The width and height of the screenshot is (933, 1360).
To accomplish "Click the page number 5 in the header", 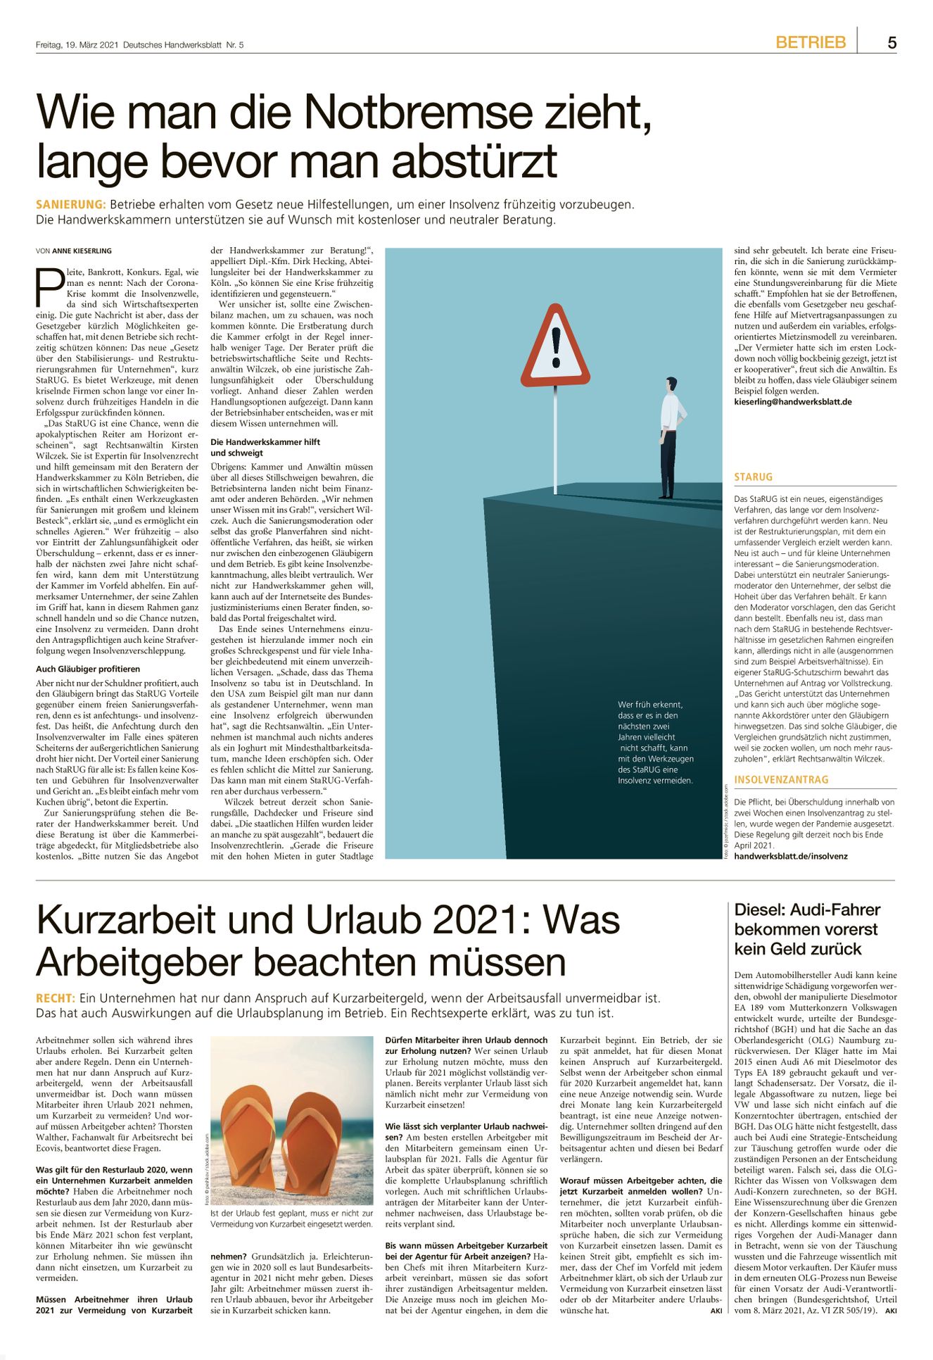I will (891, 43).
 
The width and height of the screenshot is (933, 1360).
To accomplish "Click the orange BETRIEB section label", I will (811, 43).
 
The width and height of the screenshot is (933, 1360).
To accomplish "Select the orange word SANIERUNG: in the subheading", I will (70, 205).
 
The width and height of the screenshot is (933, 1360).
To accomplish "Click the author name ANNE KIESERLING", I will (82, 251).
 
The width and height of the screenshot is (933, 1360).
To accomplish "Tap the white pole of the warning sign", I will (556, 436).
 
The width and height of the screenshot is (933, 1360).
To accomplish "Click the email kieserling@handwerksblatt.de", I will (792, 402).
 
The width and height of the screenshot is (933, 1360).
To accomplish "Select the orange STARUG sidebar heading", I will (753, 477).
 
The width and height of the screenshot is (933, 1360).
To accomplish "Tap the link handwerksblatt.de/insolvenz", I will (790, 856).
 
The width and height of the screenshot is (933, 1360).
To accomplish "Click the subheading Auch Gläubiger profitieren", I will (88, 669).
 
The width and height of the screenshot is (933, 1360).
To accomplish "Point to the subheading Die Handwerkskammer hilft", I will (265, 442).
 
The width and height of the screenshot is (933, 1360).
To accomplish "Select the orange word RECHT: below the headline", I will (55, 998).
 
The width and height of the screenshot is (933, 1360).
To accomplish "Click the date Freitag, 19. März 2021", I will (77, 45).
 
